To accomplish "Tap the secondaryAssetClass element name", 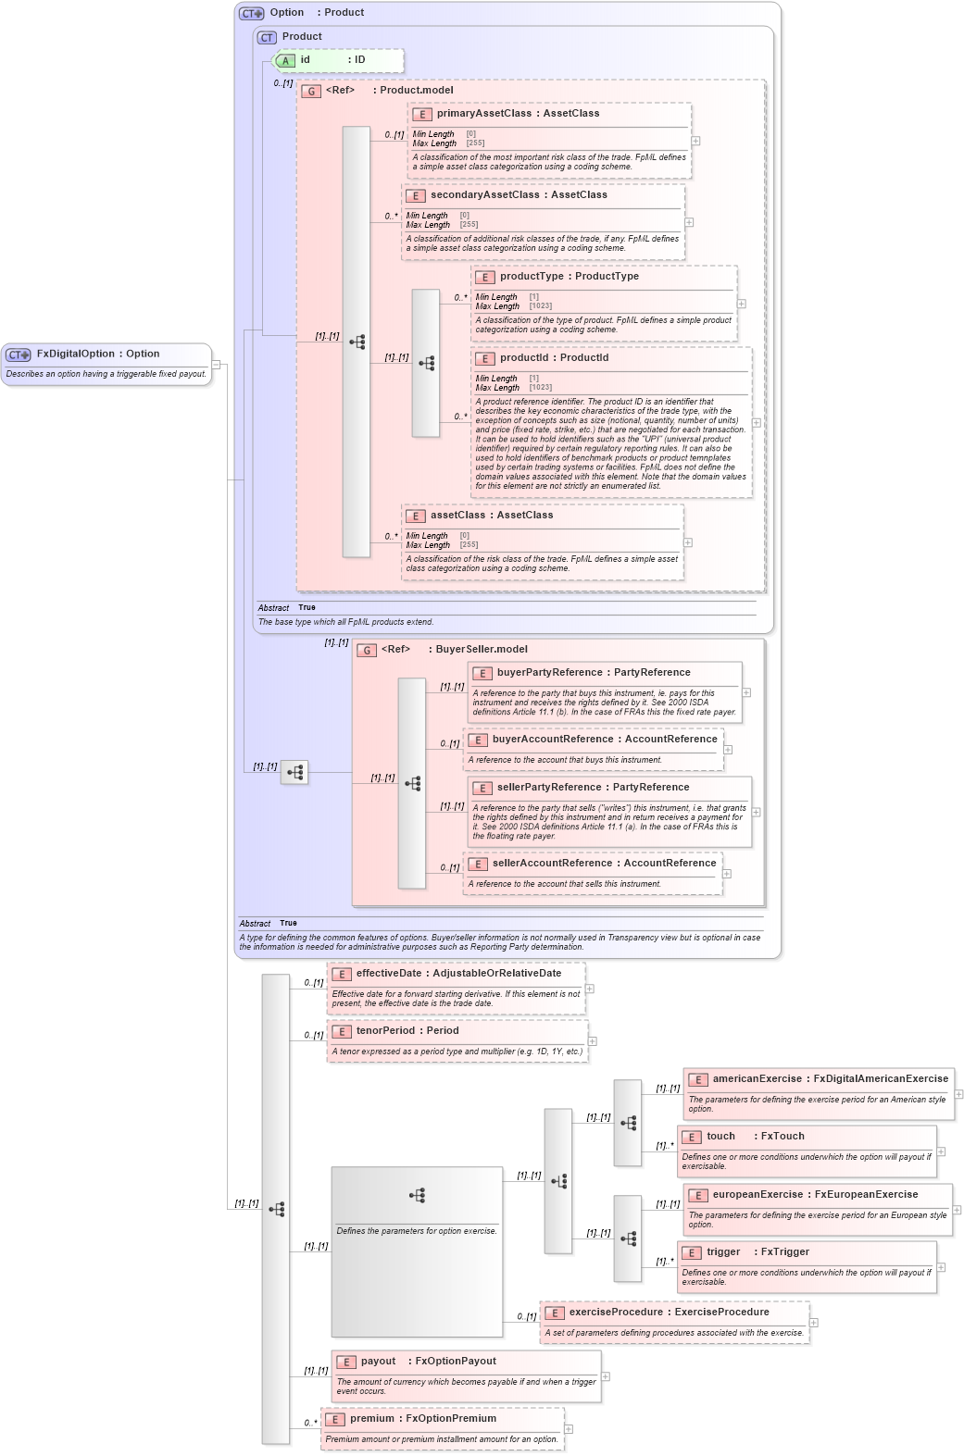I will tap(484, 194).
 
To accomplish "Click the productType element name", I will tap(532, 276).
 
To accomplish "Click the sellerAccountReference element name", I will tap(552, 863).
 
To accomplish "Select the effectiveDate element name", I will tap(388, 973).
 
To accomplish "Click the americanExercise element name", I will tap(757, 1078).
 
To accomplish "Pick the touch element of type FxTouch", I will tap(720, 1136).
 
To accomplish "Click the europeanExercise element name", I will tap(757, 1194).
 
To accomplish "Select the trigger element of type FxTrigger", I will tap(722, 1251).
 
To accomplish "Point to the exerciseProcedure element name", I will tap(616, 1312).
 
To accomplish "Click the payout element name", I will tap(378, 1361).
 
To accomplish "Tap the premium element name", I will tap(371, 1418).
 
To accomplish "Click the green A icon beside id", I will tap(285, 60).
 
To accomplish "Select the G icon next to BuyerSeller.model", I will tap(367, 650).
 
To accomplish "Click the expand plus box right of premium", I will tap(569, 1428).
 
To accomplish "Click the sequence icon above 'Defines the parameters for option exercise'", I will tap(417, 1195).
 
